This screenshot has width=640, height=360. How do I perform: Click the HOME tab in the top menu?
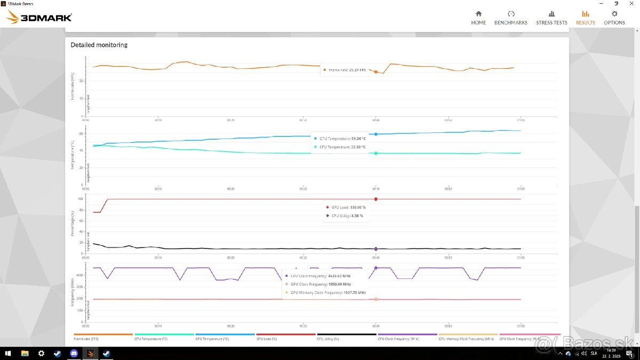(478, 18)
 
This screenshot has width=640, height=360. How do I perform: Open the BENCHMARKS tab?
(510, 18)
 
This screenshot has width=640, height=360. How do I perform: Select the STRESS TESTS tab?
(551, 18)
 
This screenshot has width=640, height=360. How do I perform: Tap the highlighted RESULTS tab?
(585, 18)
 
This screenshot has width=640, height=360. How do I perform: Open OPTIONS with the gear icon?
(614, 18)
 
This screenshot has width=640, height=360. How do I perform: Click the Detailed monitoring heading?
(99, 45)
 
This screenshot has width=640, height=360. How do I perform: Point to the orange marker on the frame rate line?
(376, 72)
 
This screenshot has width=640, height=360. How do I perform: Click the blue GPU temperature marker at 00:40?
(376, 134)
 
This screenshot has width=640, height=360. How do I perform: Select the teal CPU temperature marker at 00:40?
(376, 153)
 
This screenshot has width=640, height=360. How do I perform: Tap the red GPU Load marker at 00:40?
(376, 199)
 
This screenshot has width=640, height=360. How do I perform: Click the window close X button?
(631, 3)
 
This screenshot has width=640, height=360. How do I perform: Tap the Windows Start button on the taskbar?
(8, 353)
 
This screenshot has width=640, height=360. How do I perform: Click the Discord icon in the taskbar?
(74, 353)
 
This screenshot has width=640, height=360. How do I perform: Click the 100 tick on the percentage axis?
(81, 199)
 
